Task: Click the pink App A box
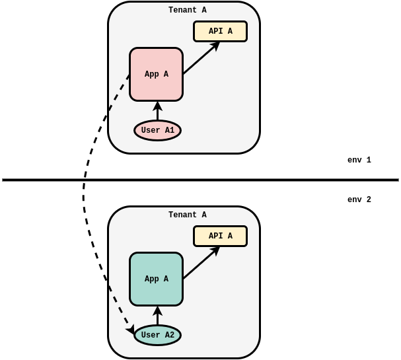(x=156, y=74)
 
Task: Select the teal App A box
(x=156, y=279)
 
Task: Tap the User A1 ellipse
(x=157, y=130)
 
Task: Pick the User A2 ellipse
(x=157, y=335)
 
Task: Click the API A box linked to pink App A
(x=220, y=31)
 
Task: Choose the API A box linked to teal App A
(x=220, y=236)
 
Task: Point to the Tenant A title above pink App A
(x=187, y=11)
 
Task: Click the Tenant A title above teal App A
(x=187, y=215)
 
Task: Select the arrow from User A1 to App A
(x=157, y=112)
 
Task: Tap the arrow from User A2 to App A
(x=157, y=316)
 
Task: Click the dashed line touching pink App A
(x=119, y=92)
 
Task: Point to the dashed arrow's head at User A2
(x=131, y=330)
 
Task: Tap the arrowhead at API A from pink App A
(x=216, y=45)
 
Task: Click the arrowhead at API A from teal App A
(x=216, y=250)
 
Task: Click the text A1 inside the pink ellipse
(x=169, y=130)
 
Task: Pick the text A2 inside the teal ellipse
(x=169, y=335)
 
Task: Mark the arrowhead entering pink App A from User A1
(x=157, y=105)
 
